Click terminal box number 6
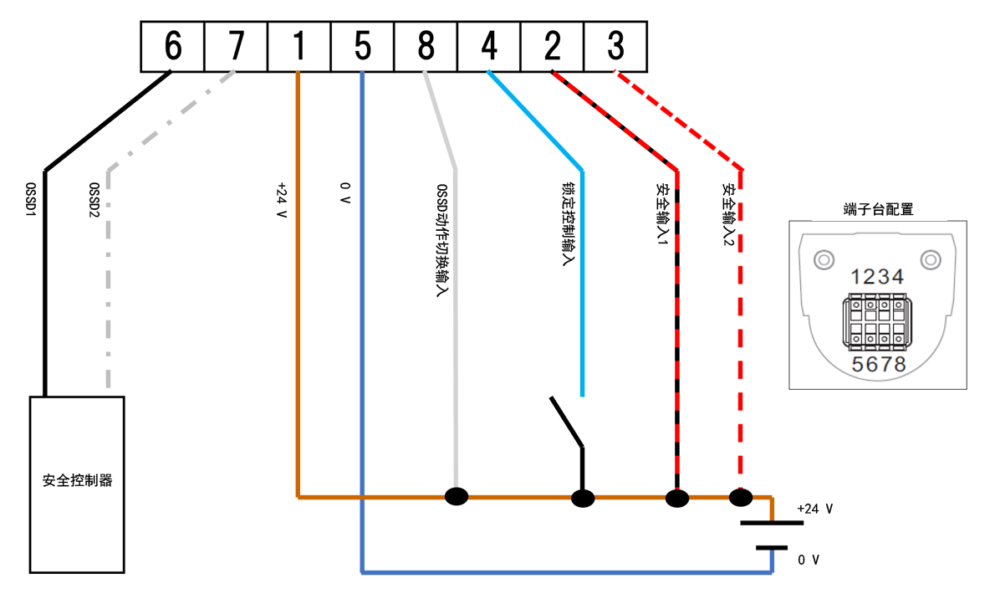pyautogui.click(x=172, y=47)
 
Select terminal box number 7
pyautogui.click(x=236, y=47)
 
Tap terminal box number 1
pyautogui.click(x=299, y=47)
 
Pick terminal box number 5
pyautogui.click(x=362, y=47)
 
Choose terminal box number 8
pyautogui.click(x=426, y=47)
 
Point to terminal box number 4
pyautogui.click(x=489, y=47)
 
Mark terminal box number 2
pyautogui.click(x=552, y=47)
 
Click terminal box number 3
pyautogui.click(x=615, y=47)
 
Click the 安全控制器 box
pyautogui.click(x=77, y=484)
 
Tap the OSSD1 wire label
pyautogui.click(x=32, y=201)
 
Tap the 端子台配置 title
pyautogui.click(x=878, y=209)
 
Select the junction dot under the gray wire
pyautogui.click(x=457, y=496)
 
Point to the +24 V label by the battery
pyautogui.click(x=815, y=509)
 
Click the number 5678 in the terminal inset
pyautogui.click(x=878, y=364)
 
